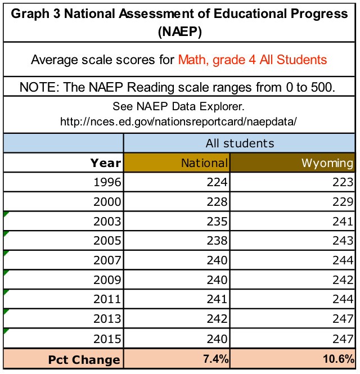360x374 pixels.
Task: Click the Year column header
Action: click(106, 163)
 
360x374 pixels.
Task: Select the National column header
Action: click(204, 163)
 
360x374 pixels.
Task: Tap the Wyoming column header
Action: click(327, 164)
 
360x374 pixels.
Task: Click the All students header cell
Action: click(240, 143)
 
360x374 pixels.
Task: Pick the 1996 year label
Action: click(107, 182)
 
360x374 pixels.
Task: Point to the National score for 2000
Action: click(217, 202)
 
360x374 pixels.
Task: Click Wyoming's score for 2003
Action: click(343, 222)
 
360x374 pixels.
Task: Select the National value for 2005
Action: click(217, 241)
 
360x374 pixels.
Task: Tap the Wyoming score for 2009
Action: click(343, 280)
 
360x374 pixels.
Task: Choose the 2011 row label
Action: click(107, 299)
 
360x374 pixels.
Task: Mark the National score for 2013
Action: click(217, 319)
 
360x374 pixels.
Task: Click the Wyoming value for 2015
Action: click(343, 339)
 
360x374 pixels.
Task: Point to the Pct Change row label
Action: click(84, 360)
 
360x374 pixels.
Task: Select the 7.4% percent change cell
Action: click(215, 359)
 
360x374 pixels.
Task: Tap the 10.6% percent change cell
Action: click(339, 359)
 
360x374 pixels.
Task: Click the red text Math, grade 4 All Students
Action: click(253, 60)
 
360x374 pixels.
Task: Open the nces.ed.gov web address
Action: click(178, 121)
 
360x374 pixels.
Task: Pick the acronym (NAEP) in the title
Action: click(180, 31)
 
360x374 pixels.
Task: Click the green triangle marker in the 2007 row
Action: click(6, 253)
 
